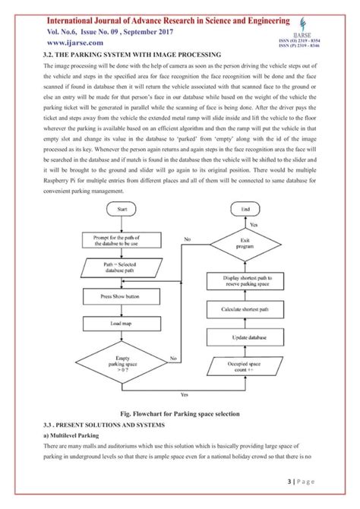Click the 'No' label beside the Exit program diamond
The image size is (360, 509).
click(187, 239)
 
